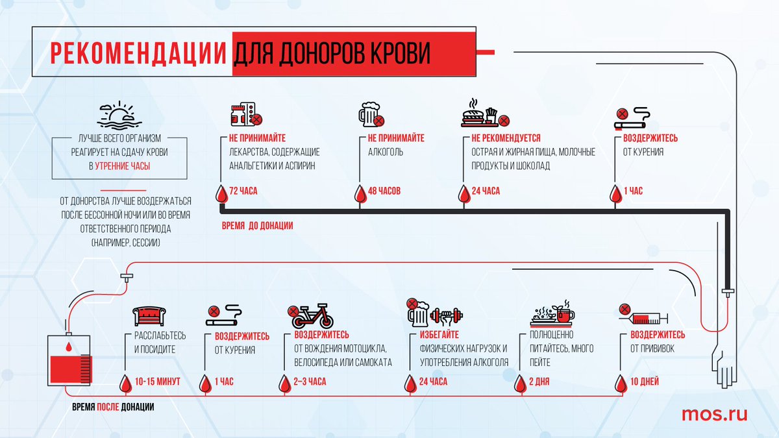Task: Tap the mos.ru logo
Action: pos(714,414)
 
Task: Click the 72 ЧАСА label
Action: pos(245,191)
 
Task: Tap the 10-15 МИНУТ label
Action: pos(158,382)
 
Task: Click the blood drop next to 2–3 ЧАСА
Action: pos(283,383)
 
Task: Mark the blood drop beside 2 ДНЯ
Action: pos(519,383)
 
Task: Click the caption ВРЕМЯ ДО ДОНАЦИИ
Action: pos(257,225)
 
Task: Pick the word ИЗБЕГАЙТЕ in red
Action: pos(434,335)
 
